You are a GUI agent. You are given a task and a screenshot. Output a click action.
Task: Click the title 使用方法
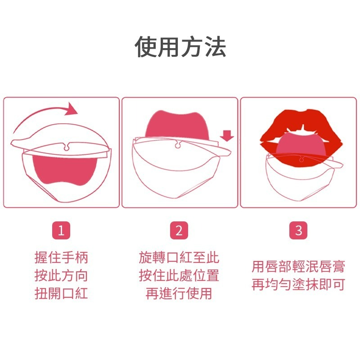click(x=180, y=47)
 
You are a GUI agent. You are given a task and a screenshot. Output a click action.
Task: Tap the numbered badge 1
click(x=62, y=231)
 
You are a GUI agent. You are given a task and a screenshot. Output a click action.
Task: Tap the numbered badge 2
click(x=179, y=231)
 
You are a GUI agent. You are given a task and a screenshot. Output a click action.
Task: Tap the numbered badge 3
click(x=298, y=231)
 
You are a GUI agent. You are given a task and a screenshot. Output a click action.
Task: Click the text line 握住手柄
click(x=62, y=257)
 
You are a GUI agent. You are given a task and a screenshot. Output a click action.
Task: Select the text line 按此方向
click(x=62, y=275)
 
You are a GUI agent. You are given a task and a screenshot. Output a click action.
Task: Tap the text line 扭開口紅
click(x=62, y=293)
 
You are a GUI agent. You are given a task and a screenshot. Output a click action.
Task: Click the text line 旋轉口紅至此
click(x=179, y=257)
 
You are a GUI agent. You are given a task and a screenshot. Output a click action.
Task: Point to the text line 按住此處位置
click(x=179, y=275)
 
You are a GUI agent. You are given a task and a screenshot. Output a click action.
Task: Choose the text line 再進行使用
click(x=179, y=293)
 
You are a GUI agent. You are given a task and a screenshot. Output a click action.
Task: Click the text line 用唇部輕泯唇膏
click(x=298, y=266)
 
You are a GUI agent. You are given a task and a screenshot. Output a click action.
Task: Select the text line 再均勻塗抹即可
click(x=298, y=285)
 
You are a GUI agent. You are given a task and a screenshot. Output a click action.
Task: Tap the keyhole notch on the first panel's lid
click(x=67, y=145)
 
